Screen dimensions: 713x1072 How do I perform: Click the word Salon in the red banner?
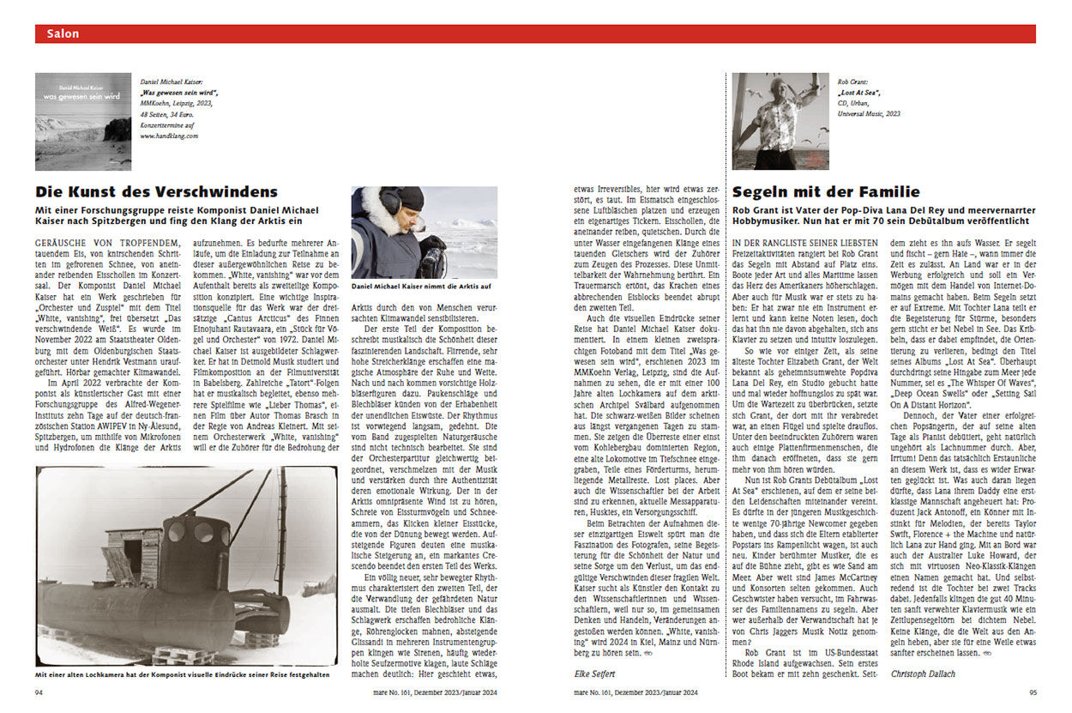coord(63,34)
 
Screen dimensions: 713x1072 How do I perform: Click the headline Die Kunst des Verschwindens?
coord(157,191)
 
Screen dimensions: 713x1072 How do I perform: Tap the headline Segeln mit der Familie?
coord(826,191)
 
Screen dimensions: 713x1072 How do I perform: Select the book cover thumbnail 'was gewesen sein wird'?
coord(83,121)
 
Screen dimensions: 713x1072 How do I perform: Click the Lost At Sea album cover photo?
coord(780,121)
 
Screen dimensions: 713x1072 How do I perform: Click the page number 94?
coord(39,692)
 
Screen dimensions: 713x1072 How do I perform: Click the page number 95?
coord(1032,692)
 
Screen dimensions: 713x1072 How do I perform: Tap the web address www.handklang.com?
coord(169,136)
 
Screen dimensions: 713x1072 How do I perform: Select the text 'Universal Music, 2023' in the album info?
coord(869,113)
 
